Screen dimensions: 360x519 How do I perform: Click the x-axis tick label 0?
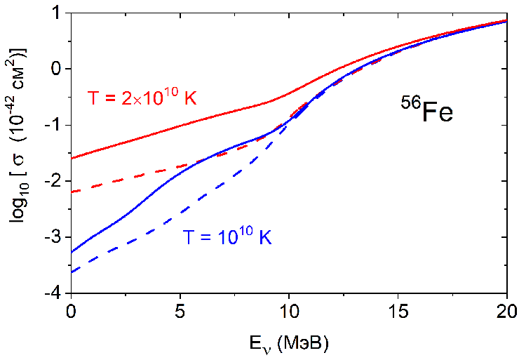point(71,309)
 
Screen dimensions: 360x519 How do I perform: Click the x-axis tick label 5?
point(180,309)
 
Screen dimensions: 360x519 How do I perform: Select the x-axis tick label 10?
point(288,309)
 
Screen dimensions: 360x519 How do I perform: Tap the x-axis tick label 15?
point(397,309)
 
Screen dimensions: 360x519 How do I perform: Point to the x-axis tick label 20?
point(506,309)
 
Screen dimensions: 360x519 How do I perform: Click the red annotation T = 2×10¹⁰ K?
point(142,98)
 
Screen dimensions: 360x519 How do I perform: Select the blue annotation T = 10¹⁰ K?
point(227,237)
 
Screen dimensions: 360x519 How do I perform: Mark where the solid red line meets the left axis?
point(72,158)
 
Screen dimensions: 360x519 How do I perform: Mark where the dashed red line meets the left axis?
point(72,192)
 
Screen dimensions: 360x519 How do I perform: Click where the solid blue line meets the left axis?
point(72,252)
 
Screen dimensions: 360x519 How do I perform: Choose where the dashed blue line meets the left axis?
point(72,272)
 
